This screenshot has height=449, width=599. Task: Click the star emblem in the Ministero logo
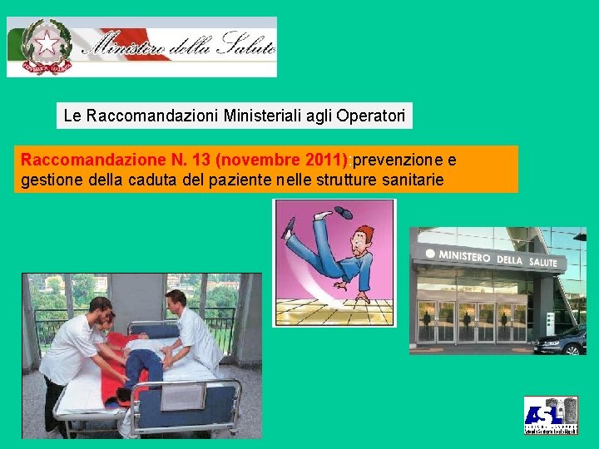(47, 43)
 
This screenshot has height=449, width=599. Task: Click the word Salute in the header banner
(245, 47)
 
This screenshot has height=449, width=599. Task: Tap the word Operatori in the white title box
(371, 116)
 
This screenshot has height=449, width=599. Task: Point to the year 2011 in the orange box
(314, 159)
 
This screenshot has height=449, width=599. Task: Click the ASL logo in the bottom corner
(550, 415)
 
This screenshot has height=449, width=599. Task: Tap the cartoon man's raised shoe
(342, 212)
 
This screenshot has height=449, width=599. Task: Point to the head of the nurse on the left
(100, 309)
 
